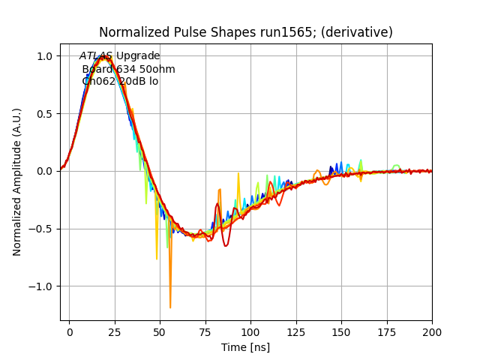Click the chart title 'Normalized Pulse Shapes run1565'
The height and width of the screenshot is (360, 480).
(x=199, y=32)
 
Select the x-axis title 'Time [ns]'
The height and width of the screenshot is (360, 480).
(x=245, y=347)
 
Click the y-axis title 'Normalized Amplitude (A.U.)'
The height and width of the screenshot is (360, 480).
(x=17, y=181)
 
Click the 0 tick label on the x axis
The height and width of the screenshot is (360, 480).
(x=69, y=331)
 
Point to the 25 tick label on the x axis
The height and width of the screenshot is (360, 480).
(x=115, y=331)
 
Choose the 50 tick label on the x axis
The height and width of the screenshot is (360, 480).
(x=160, y=331)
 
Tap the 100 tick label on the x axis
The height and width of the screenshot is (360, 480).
(x=250, y=331)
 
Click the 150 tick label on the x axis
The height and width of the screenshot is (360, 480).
(x=341, y=331)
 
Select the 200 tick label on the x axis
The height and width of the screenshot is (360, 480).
(x=432, y=331)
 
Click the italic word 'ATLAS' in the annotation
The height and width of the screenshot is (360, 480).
(x=96, y=56)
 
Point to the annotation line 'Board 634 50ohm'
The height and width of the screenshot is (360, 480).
(x=128, y=69)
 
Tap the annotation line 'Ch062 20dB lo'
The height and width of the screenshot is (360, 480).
(x=120, y=82)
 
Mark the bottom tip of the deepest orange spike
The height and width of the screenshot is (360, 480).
(x=170, y=307)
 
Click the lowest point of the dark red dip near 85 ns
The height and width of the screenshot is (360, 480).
(x=226, y=246)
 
